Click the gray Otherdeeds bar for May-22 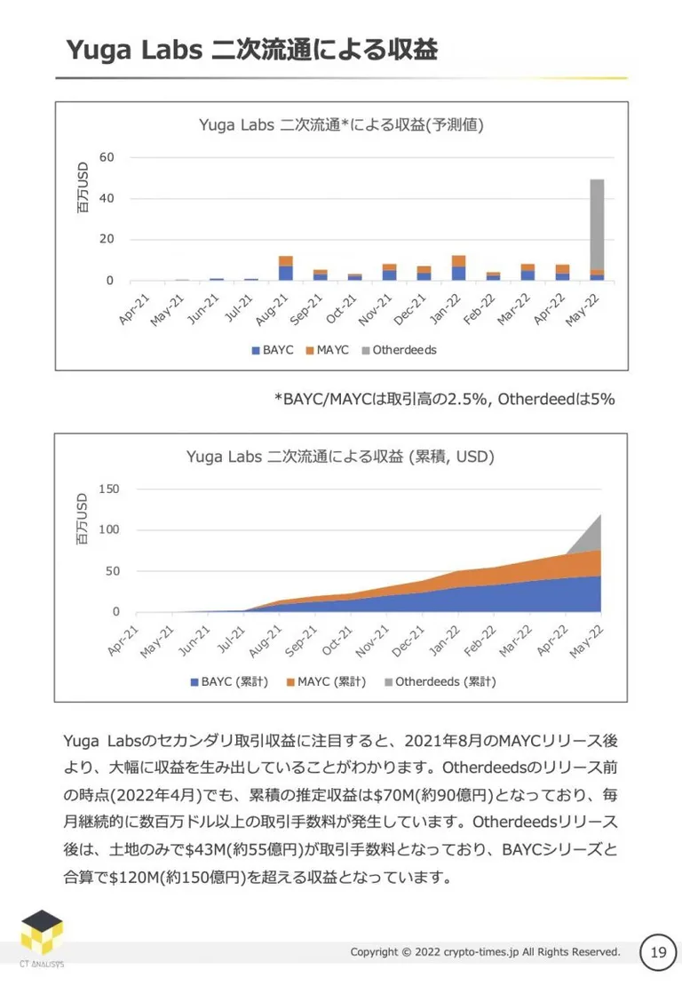pos(597,225)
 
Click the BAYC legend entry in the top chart pos(273,350)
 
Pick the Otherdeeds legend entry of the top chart pos(399,350)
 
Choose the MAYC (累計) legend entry pos(326,681)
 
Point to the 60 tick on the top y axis pos(107,157)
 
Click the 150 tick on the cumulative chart pos(108,489)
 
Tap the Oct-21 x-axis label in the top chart pos(341,308)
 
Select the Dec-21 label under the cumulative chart pos(408,640)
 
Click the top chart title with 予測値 pos(341,125)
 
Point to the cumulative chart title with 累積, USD pos(340,457)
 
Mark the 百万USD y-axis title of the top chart pos(83,187)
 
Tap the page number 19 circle pos(657,952)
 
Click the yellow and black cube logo pos(42,932)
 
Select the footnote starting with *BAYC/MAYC pos(444,400)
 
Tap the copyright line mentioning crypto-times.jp pos(485,952)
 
